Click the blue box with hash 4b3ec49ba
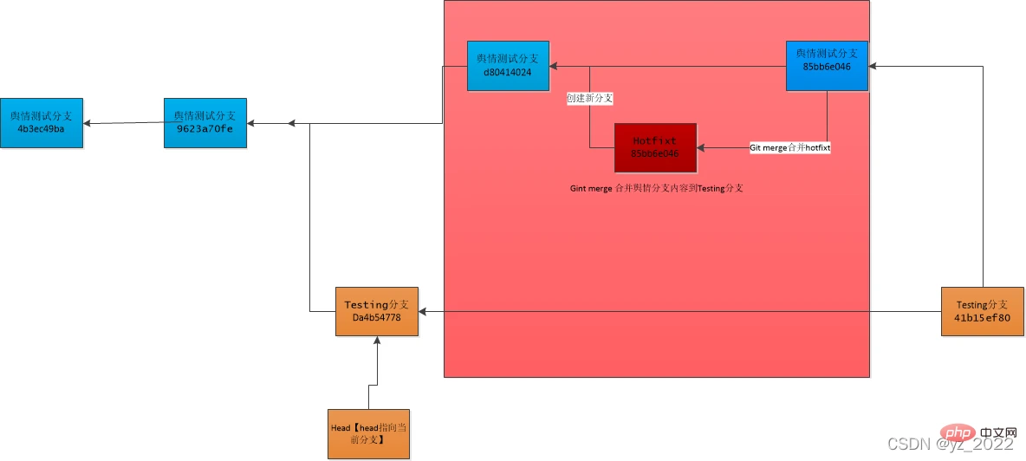[42, 123]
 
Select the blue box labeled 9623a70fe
[205, 123]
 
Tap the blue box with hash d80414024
[508, 66]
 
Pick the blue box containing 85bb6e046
[827, 66]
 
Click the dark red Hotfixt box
[655, 147]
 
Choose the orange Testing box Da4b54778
[377, 311]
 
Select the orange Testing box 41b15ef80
[983, 311]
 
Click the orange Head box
[368, 433]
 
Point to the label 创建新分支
[590, 99]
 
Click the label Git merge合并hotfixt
[789, 148]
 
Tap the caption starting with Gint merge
[655, 187]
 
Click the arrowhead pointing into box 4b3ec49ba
[88, 123]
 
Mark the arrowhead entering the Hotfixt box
[701, 148]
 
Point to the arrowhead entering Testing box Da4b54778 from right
[424, 311]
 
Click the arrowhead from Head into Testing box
[377, 341]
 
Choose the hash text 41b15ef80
[983, 318]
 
